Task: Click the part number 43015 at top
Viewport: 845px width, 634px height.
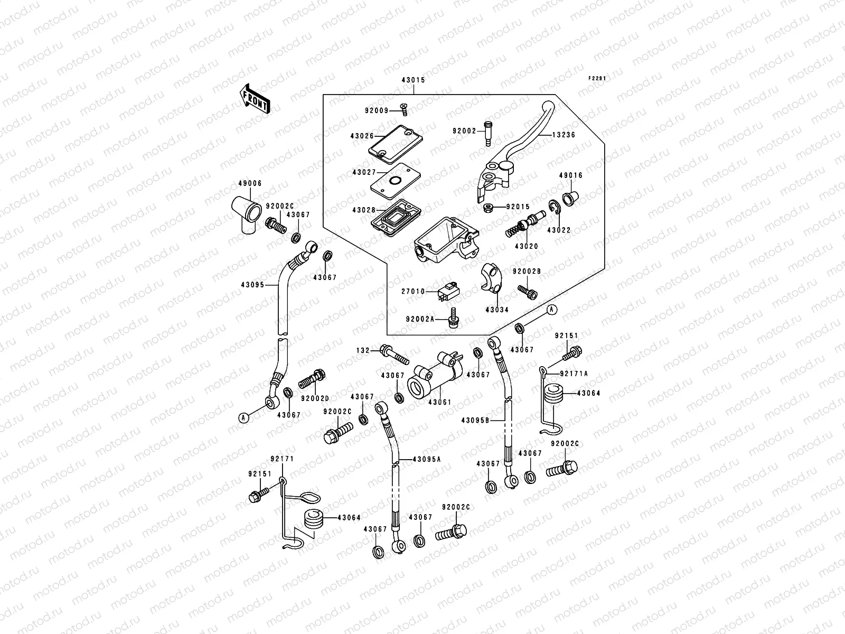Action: click(x=414, y=80)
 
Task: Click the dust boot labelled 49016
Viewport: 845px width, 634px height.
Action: click(x=570, y=199)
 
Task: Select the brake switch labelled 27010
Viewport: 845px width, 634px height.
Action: click(x=446, y=291)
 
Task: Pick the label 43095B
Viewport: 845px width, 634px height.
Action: click(x=475, y=421)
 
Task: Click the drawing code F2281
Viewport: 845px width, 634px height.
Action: click(x=597, y=78)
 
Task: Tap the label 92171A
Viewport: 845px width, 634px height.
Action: click(x=574, y=374)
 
